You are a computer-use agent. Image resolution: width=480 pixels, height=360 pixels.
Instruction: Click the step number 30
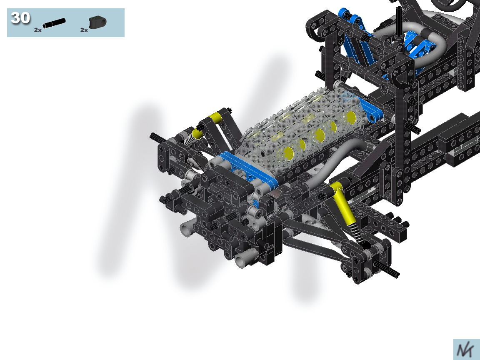coord(20,18)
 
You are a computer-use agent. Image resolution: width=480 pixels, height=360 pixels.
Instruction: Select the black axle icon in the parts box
coord(54,23)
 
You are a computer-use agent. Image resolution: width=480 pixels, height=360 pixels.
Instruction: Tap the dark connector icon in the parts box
coord(97,22)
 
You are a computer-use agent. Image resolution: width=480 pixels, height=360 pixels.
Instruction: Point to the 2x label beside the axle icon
coord(37,30)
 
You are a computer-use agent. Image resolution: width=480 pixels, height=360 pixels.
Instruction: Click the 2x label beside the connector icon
coord(84,30)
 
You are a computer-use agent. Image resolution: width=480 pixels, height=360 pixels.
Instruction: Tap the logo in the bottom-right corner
coord(467,350)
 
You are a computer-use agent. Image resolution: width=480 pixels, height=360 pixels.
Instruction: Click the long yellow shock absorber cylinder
coord(343,202)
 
